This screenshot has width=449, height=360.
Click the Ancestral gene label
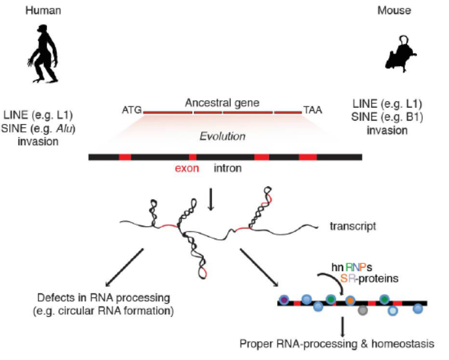click(222, 103)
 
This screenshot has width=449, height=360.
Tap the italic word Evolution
click(222, 137)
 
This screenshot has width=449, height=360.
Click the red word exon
click(186, 169)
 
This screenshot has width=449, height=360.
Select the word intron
click(228, 169)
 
